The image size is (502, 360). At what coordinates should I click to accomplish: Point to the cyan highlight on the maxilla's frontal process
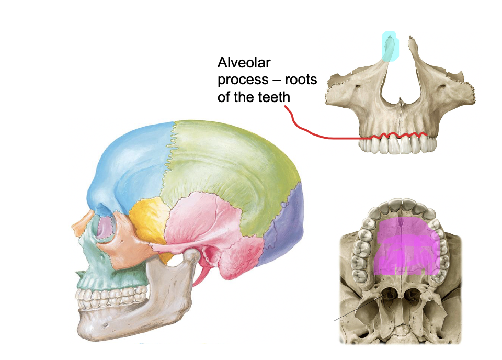tap(390, 47)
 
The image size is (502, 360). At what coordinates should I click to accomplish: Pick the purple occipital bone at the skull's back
tap(285, 225)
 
